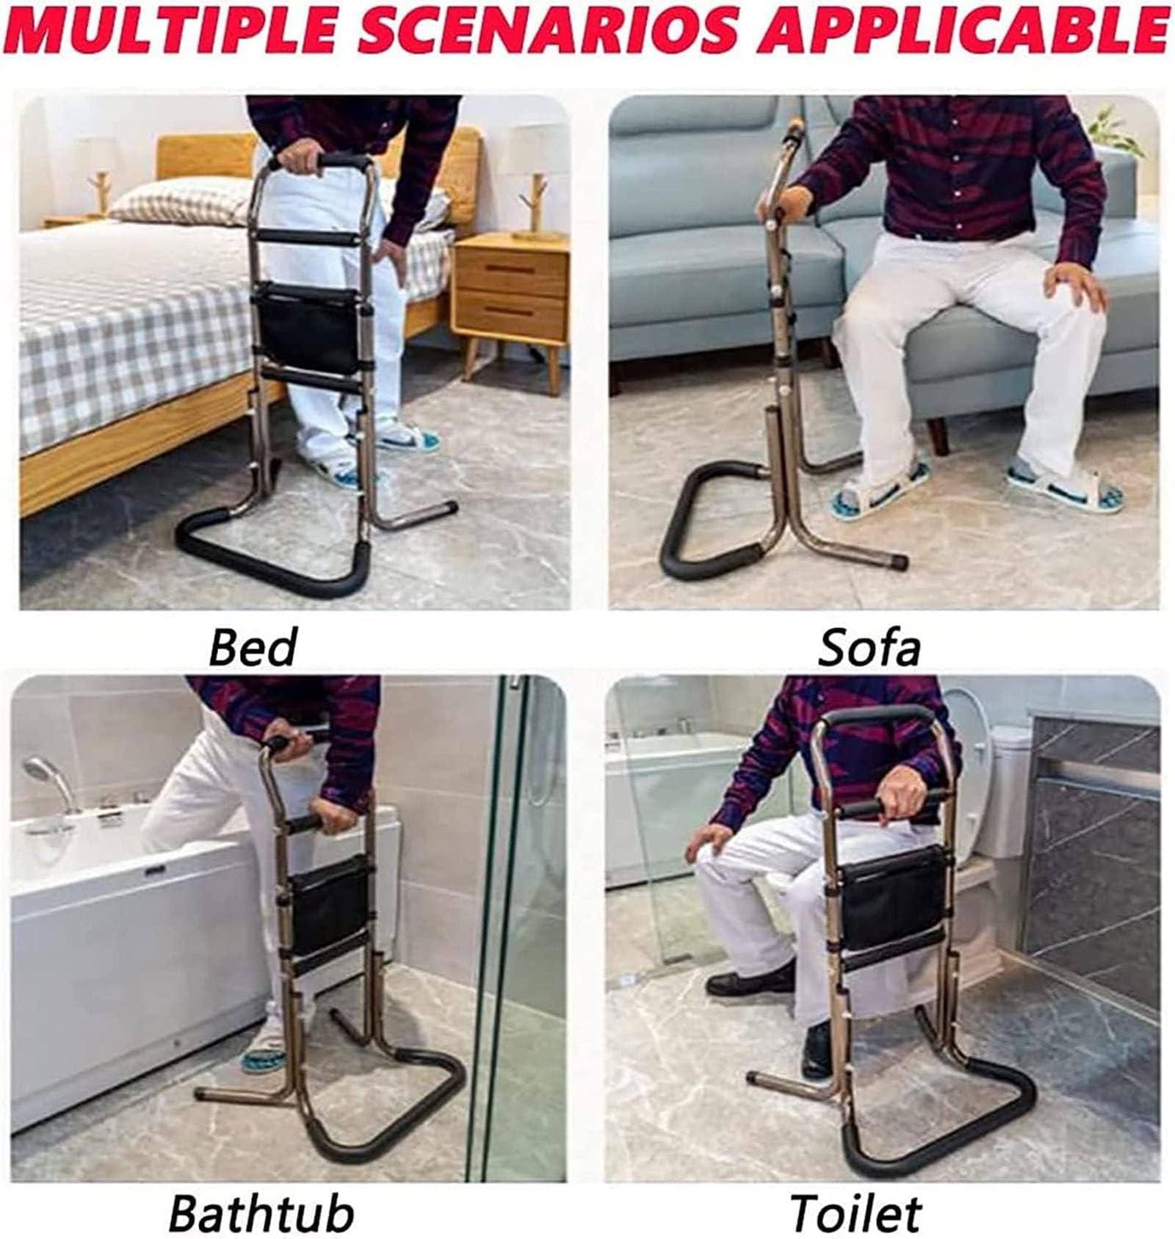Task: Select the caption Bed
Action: (x=253, y=647)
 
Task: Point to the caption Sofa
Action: (x=869, y=647)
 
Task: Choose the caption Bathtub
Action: (x=261, y=1213)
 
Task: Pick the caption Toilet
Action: (x=856, y=1213)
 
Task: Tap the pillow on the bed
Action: (x=184, y=200)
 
